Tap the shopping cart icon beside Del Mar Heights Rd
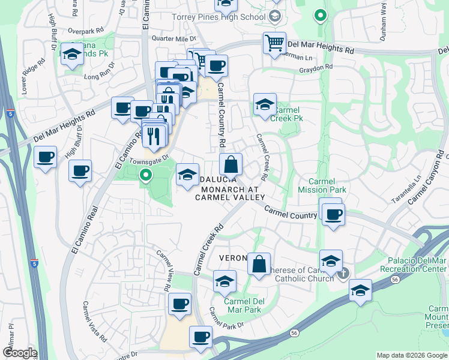pos(274,44)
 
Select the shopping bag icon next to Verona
pos(259,265)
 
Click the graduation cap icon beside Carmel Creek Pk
pos(264,106)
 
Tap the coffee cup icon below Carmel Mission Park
pos(333,214)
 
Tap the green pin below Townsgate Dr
pos(145,175)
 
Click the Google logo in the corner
pos(20,353)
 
